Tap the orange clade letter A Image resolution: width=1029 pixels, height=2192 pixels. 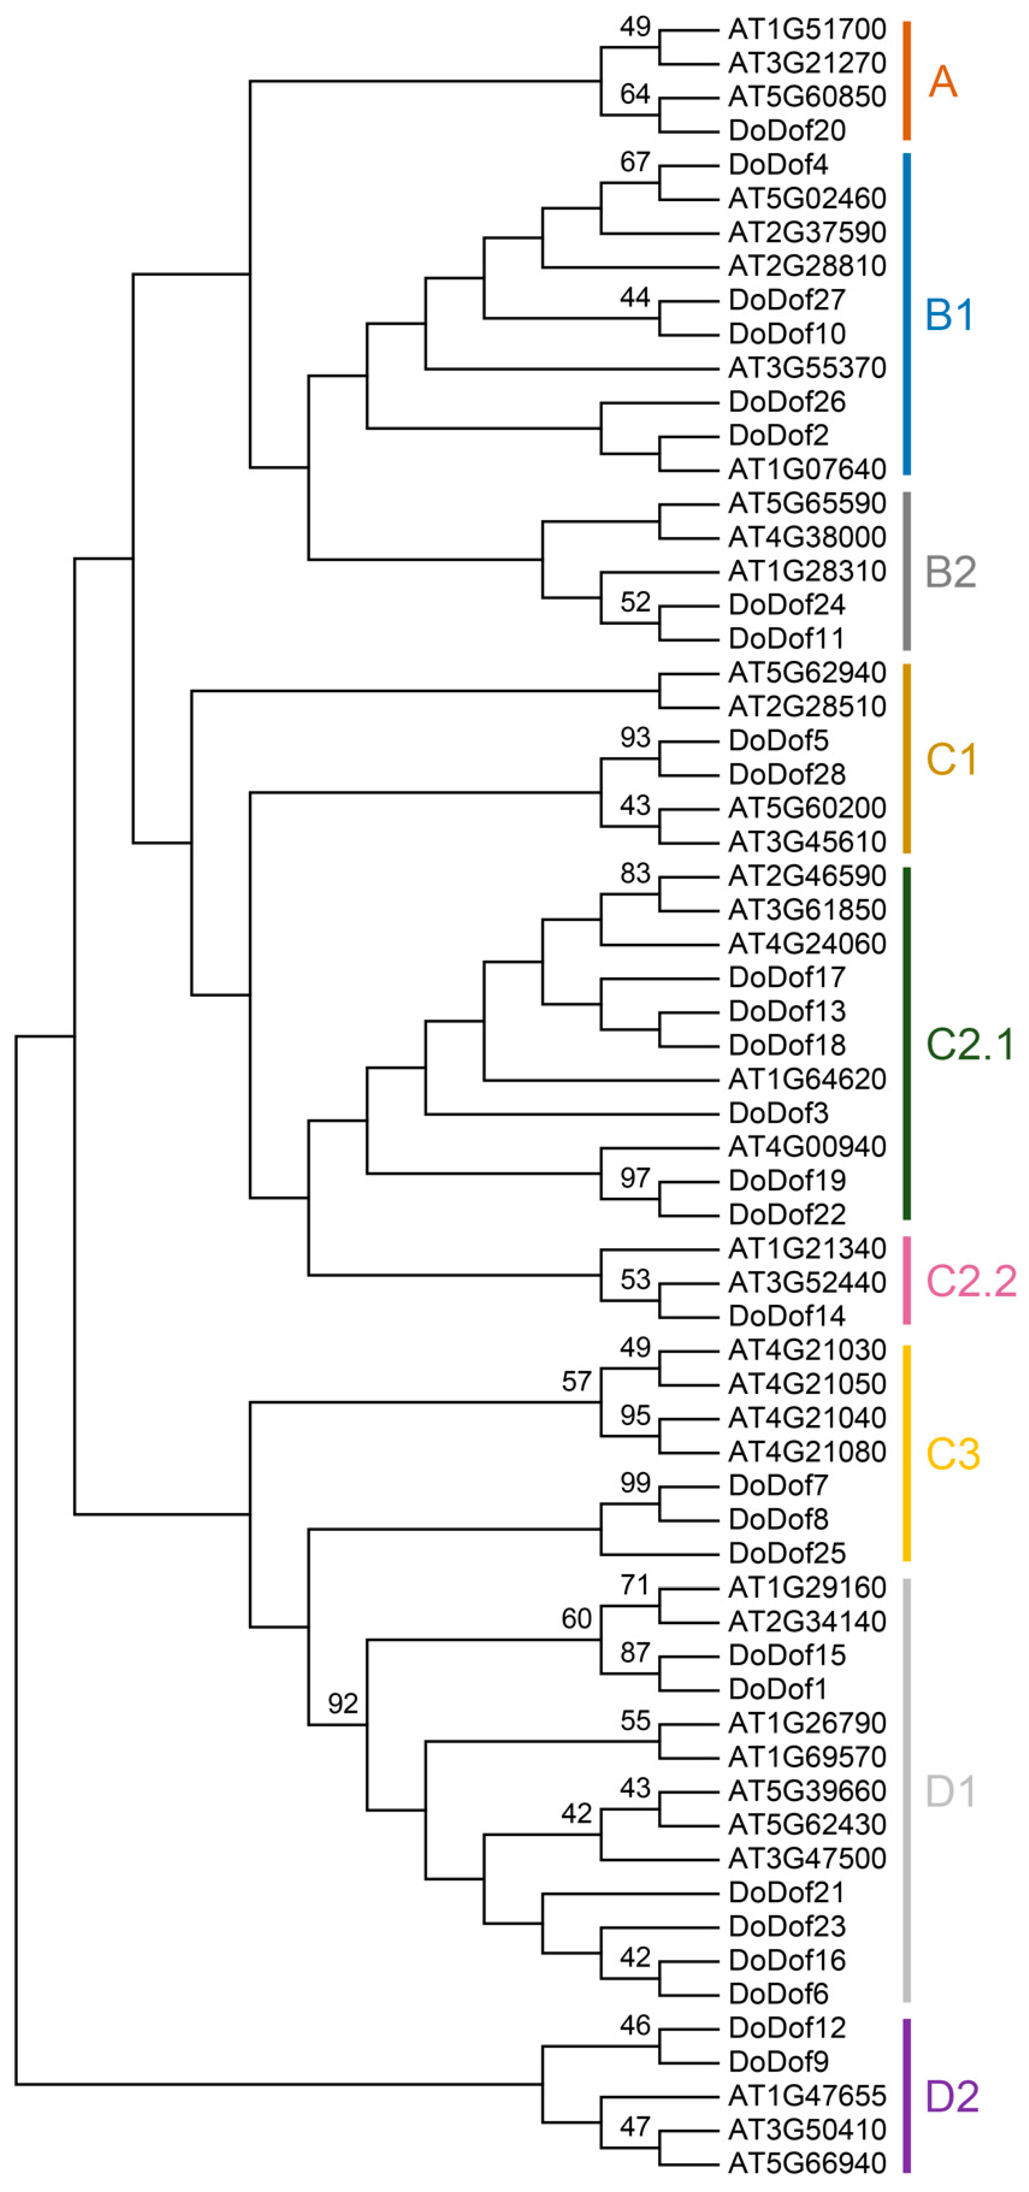tap(942, 82)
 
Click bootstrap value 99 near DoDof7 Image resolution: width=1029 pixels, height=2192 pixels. tap(635, 1483)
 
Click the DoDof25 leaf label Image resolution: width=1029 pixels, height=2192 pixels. tap(787, 1553)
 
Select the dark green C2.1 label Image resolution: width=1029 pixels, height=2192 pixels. tap(970, 1044)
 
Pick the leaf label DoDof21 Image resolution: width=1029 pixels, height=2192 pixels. tap(787, 1892)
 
